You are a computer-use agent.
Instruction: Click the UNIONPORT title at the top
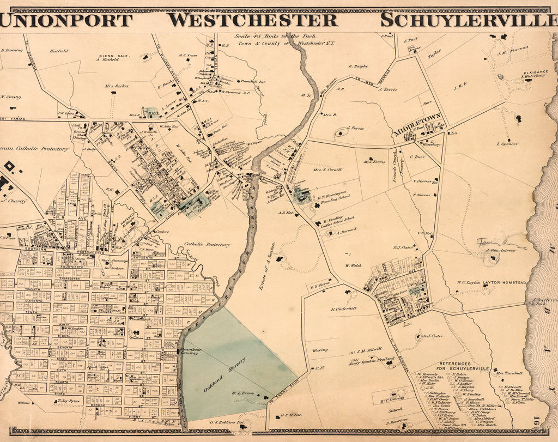(66, 20)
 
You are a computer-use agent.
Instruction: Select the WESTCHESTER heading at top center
(252, 20)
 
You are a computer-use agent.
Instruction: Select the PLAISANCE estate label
(535, 72)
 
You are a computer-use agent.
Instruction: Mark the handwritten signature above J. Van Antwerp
(500, 243)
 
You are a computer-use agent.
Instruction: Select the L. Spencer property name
(507, 144)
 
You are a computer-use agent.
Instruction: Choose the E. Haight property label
(358, 66)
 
